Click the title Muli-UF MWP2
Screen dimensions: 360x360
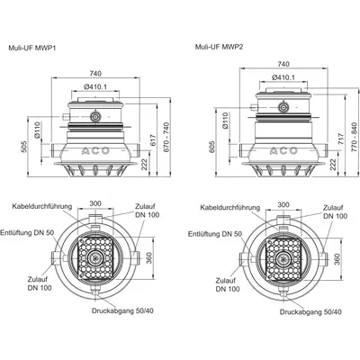[x=219, y=47]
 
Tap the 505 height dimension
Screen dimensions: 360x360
[x=24, y=147]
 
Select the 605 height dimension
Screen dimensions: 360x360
[x=212, y=147]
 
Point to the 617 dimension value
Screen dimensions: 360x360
[x=152, y=139]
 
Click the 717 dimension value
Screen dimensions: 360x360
[x=340, y=139]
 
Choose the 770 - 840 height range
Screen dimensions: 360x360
[x=355, y=137]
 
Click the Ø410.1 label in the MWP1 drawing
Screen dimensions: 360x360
[x=95, y=87]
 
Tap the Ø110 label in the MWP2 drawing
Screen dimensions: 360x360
[x=225, y=121]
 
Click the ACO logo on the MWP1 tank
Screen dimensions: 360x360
[x=95, y=151]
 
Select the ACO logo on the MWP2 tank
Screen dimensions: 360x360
[x=283, y=151]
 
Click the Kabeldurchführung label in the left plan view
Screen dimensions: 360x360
[x=42, y=206]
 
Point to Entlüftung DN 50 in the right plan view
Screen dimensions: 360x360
[x=215, y=234]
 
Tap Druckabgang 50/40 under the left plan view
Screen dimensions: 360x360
[x=122, y=310]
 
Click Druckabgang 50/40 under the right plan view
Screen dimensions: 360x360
[x=310, y=312]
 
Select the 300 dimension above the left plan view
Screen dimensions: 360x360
[x=95, y=203]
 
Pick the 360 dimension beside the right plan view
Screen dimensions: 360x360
[x=337, y=259]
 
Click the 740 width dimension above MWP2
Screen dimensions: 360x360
[x=283, y=64]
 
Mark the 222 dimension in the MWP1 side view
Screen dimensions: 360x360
[x=145, y=164]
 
